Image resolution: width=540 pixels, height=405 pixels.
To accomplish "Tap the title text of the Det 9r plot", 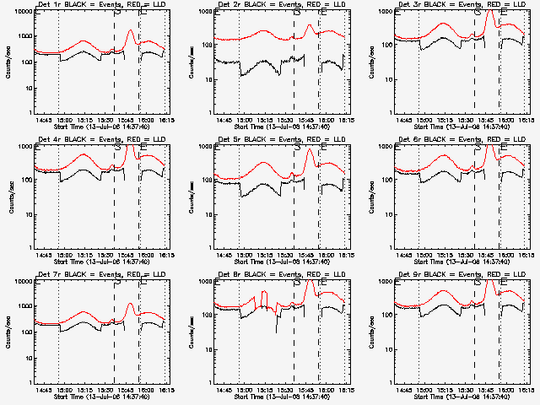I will (449, 276).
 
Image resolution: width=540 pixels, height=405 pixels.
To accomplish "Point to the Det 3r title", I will (449, 6).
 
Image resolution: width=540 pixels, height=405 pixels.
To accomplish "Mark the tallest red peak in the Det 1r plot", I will (130, 30).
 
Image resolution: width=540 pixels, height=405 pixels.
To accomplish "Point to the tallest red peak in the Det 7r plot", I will (130, 304).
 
